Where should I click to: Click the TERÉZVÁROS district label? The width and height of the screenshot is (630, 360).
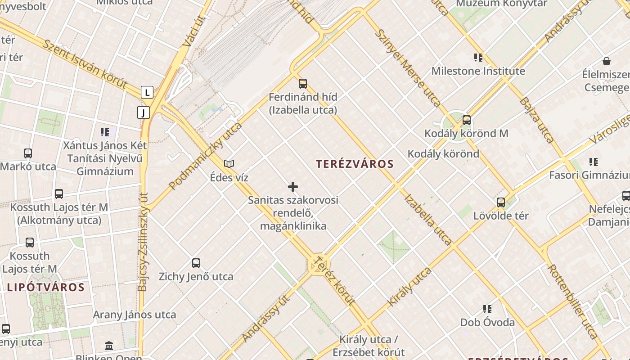coord(355,164)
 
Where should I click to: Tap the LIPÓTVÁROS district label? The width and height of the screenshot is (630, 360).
coord(45,287)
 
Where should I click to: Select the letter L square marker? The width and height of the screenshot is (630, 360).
coord(147,92)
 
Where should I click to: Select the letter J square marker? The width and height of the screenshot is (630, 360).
coord(143,112)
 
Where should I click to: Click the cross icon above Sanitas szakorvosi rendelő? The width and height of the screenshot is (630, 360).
coord(293,187)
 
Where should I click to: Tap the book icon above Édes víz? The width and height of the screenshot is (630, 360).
coord(229,164)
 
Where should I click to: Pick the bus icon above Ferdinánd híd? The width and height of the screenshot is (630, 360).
coord(303,83)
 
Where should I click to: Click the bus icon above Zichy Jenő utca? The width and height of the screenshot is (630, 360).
coord(196,263)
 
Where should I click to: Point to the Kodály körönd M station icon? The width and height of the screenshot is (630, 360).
coord(467,120)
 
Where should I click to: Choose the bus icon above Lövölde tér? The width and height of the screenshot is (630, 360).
coord(501,202)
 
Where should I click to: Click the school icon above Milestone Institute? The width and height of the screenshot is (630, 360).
coord(478,58)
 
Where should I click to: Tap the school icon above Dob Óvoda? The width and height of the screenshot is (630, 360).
coord(487,309)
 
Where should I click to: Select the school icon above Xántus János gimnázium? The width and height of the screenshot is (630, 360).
coord(105,132)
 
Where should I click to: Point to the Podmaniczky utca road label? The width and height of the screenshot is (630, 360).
coord(205,156)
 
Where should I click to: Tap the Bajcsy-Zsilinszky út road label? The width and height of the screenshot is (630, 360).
coord(143,242)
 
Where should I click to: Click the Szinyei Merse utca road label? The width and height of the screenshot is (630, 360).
coord(408,67)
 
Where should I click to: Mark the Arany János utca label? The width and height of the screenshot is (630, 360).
coord(135,315)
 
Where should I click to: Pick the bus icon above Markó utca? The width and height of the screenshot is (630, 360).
coord(28,153)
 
